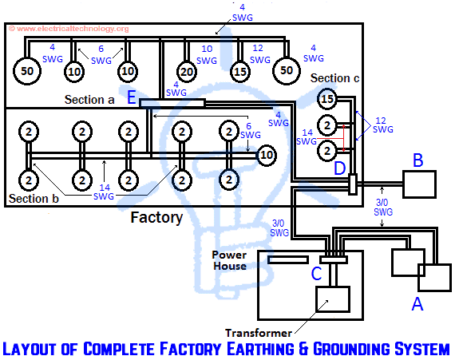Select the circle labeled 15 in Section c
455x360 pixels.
[326, 100]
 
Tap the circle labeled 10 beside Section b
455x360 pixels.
[266, 155]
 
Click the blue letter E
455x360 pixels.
[132, 97]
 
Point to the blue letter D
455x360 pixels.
[339, 168]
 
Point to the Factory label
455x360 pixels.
[156, 216]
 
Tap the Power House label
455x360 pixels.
[229, 260]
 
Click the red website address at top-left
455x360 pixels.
[68, 29]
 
